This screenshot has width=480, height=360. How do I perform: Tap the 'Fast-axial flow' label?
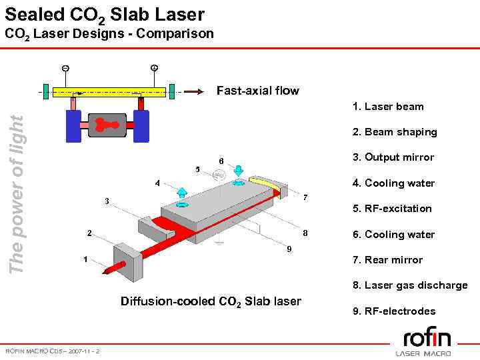(257, 91)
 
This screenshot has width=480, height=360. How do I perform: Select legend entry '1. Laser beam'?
(389, 107)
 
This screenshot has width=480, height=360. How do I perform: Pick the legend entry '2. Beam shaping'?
(395, 132)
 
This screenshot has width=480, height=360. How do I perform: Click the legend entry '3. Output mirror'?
(393, 157)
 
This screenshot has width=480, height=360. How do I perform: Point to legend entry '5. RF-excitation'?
(392, 209)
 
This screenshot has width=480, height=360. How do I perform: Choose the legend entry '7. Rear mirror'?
(388, 260)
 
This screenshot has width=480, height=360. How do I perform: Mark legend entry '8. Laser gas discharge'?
(410, 285)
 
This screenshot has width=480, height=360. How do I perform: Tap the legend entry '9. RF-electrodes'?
(394, 311)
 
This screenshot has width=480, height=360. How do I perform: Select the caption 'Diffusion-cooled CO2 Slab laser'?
(211, 301)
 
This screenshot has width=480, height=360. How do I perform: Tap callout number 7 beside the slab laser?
(305, 197)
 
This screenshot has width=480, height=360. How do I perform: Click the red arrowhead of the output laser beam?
(105, 271)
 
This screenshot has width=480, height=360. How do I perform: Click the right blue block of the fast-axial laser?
(141, 126)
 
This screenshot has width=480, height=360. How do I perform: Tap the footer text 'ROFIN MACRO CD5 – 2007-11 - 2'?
(53, 351)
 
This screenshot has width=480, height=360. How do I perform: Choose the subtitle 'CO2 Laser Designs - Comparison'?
(109, 33)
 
